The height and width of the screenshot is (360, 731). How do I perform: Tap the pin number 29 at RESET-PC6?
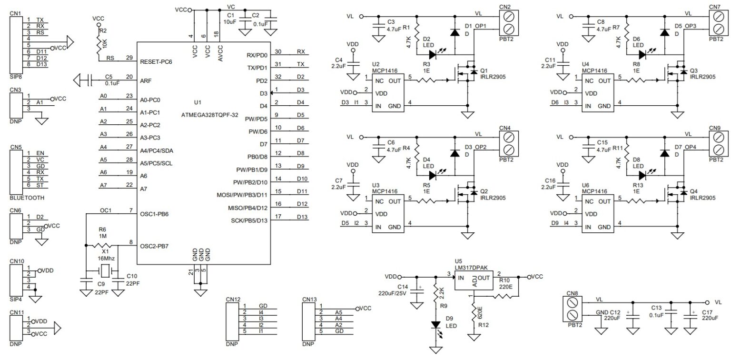click(129, 58)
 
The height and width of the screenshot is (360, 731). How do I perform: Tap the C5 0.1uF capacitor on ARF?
click(89, 80)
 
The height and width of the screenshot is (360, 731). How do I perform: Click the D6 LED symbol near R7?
click(642, 54)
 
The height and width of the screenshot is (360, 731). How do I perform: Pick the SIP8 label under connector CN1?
click(16, 76)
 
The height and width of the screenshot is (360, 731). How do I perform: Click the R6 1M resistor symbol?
click(102, 246)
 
